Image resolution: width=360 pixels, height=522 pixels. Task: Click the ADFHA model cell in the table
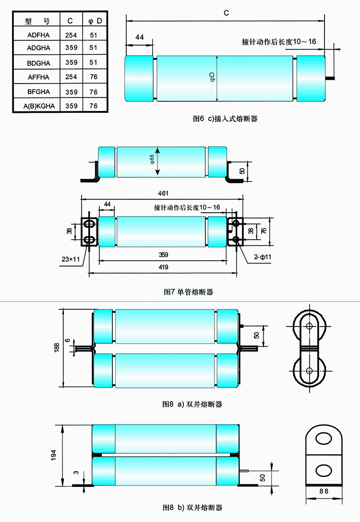click(38, 35)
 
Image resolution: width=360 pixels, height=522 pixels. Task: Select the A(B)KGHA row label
click(39, 106)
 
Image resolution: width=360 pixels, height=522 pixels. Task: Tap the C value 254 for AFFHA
click(71, 77)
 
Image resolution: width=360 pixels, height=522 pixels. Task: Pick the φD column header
click(95, 21)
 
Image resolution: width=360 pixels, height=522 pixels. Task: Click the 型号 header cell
click(37, 21)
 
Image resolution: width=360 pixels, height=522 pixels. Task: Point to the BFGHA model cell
click(38, 92)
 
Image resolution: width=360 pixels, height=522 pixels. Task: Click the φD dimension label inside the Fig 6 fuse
click(213, 77)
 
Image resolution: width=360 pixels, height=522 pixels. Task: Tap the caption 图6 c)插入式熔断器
click(225, 119)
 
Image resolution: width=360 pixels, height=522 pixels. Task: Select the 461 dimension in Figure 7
click(163, 193)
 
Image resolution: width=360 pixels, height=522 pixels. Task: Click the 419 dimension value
click(163, 267)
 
